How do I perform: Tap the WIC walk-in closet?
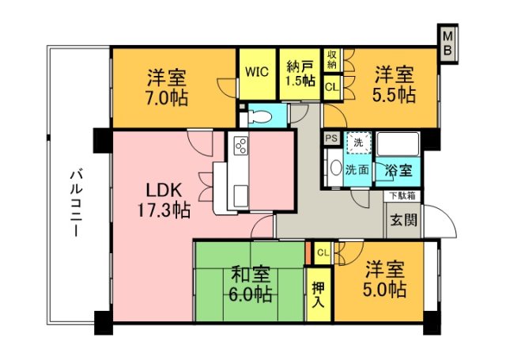257,72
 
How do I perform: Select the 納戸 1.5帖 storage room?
300,72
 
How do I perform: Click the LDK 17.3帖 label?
165,199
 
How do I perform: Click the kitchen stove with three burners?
241,146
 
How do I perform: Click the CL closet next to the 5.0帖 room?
323,252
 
